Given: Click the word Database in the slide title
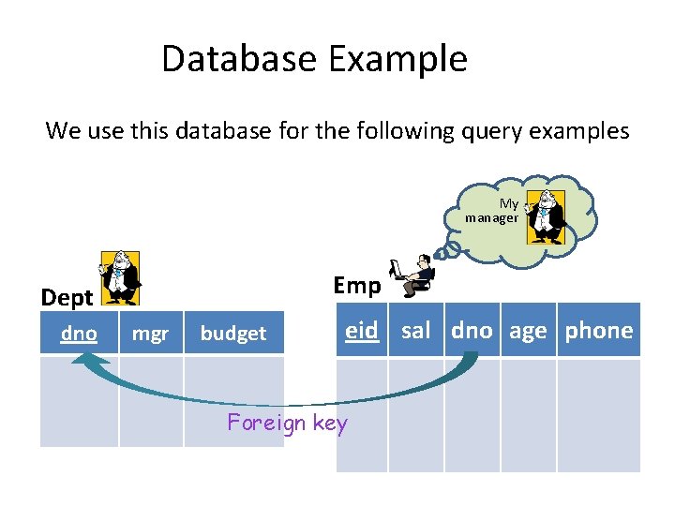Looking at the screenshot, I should point(240,58).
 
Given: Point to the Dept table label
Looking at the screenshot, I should point(67,298).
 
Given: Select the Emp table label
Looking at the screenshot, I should point(356,286).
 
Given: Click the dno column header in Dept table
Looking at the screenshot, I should point(79,333).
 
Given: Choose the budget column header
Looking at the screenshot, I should point(233,334).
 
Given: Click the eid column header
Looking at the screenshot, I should point(361,330).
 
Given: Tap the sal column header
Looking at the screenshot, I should point(415,330).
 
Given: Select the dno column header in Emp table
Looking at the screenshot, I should point(472,330).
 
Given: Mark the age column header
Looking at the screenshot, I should point(528,330).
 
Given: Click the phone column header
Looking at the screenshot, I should point(598,330).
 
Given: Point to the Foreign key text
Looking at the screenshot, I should point(287,423).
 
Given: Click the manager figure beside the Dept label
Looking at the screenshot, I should point(120,278).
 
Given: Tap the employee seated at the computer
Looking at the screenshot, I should point(415,272).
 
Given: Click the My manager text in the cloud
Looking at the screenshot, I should point(493,211).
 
